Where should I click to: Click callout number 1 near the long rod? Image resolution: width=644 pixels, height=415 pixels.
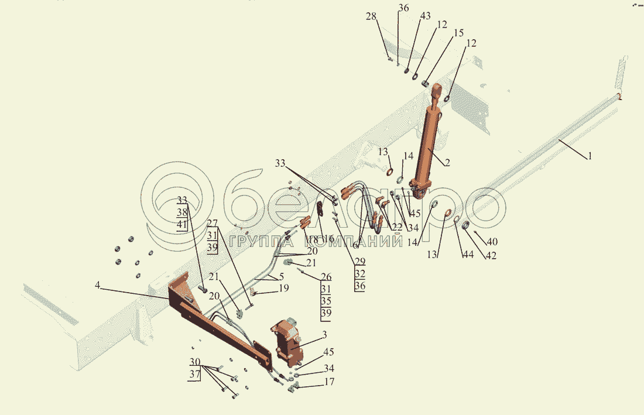(590, 156)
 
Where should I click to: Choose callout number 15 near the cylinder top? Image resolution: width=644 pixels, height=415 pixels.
(458, 32)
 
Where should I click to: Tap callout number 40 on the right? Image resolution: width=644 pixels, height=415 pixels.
(492, 241)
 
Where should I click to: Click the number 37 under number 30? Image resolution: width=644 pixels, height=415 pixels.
(195, 374)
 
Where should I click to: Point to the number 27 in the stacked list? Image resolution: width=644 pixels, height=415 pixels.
(212, 222)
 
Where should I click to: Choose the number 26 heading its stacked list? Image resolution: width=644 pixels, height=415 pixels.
(326, 277)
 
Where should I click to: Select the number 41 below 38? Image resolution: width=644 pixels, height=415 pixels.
(183, 225)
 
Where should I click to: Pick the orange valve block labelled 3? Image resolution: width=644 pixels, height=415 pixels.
(287, 342)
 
